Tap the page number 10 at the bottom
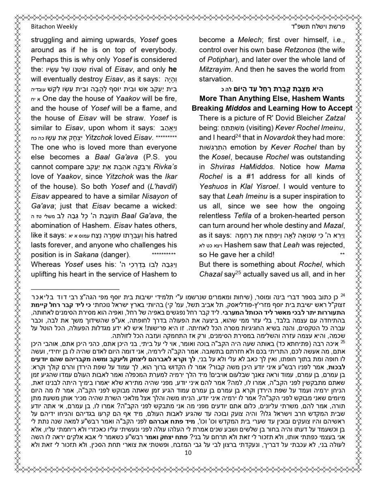pos(188,464)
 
